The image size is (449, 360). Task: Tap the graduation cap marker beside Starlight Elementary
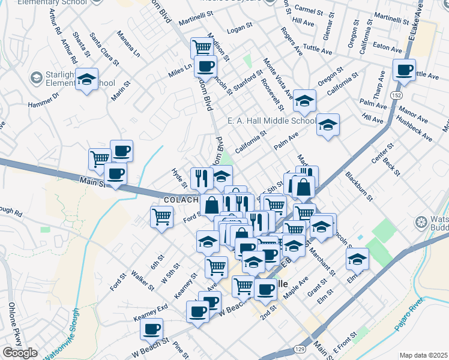(x=87, y=80)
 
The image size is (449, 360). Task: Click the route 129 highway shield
(x=298, y=349)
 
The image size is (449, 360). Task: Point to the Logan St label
(x=239, y=29)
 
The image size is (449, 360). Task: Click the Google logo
(x=20, y=353)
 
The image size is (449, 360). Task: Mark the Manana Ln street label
(x=128, y=44)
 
